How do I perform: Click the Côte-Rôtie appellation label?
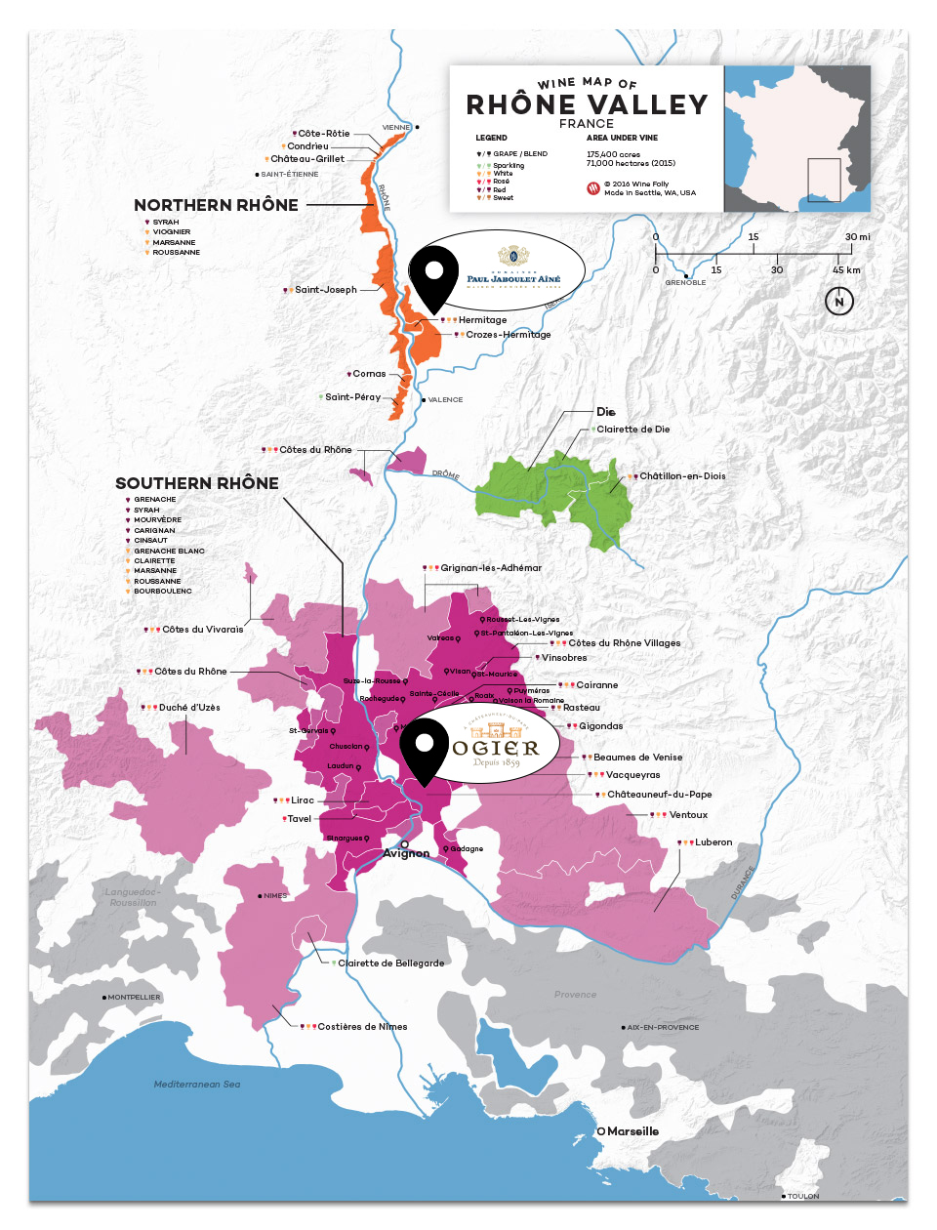click(323, 134)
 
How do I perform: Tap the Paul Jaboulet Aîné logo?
click(513, 269)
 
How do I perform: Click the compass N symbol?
click(838, 302)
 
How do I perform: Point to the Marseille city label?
click(632, 1131)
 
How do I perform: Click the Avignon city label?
click(406, 853)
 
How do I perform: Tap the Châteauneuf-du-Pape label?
click(659, 795)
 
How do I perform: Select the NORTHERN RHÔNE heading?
click(216, 205)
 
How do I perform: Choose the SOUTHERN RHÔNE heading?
click(197, 483)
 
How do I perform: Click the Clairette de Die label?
click(632, 430)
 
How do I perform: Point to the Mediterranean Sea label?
click(197, 1085)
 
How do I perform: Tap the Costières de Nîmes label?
click(362, 1027)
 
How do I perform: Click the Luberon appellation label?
click(713, 842)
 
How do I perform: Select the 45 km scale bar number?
click(846, 270)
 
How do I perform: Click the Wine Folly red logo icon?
click(592, 188)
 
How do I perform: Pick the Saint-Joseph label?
click(325, 290)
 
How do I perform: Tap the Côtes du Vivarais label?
click(202, 630)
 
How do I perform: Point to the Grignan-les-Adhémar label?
click(490, 568)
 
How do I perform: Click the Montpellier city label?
click(134, 998)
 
